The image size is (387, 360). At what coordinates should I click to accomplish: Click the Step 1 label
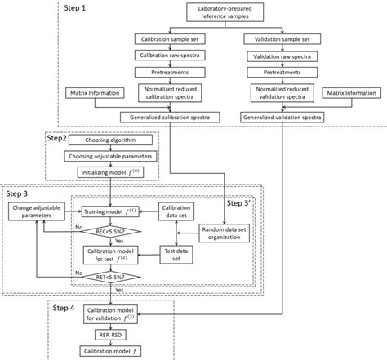coord(77,7)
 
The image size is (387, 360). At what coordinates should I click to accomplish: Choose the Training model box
coord(108,211)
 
